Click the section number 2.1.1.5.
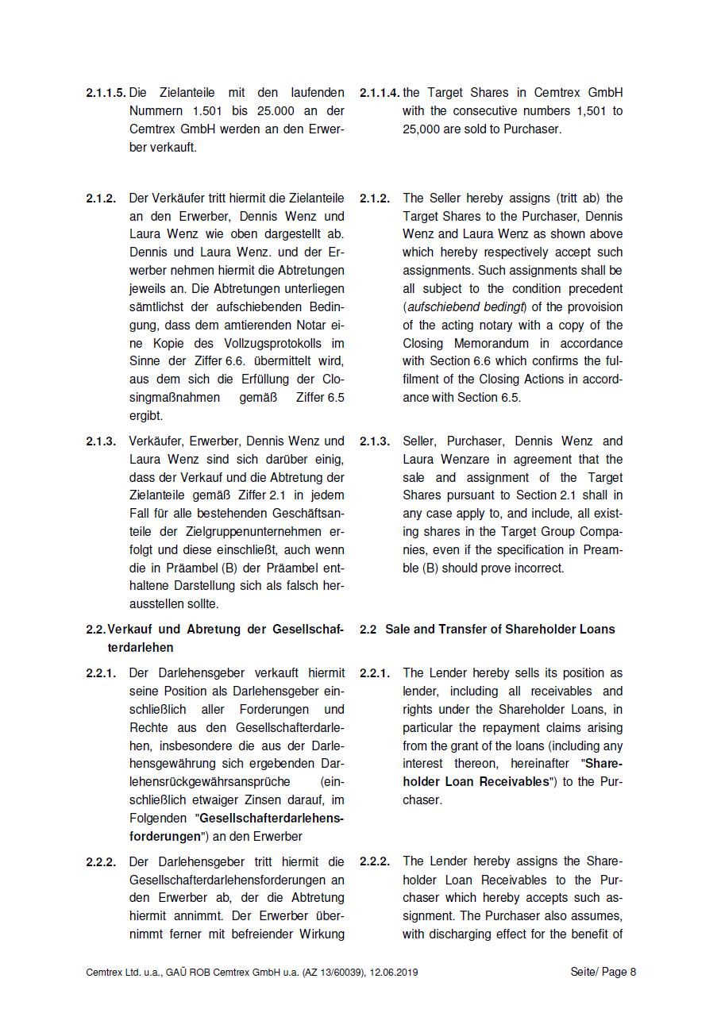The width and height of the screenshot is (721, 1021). [x=106, y=93]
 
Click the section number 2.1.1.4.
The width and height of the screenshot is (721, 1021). [x=380, y=93]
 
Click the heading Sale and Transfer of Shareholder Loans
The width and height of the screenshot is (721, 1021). [x=499, y=630]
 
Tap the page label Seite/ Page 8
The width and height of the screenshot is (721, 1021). [x=603, y=973]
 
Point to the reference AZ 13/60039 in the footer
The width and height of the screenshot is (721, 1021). [x=329, y=973]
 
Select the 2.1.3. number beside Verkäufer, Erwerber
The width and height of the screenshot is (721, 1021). [x=101, y=441]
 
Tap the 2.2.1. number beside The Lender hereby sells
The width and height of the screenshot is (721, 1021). [x=375, y=673]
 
